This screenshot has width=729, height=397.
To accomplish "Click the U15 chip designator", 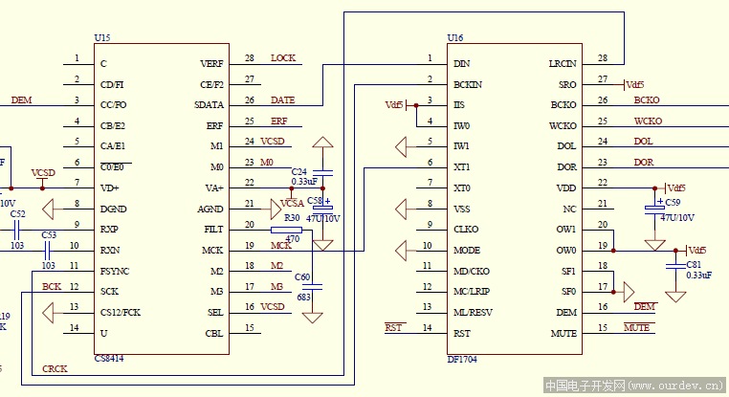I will click(x=102, y=37).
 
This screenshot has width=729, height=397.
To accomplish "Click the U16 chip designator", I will click(x=455, y=37).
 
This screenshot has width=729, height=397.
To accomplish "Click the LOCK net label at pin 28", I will click(x=283, y=58).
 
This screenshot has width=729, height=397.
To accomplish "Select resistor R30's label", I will click(x=292, y=218).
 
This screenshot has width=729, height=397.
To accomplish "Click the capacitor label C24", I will click(x=299, y=171).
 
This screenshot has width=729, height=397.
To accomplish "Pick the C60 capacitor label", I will click(x=302, y=276).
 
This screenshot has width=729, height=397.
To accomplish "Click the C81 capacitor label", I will click(x=694, y=264).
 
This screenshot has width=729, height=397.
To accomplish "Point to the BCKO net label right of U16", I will click(x=647, y=100).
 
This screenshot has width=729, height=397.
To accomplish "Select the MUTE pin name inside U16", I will click(x=563, y=334).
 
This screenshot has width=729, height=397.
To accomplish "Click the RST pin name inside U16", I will click(x=461, y=334).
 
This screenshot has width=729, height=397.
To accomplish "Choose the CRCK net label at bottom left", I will click(x=54, y=368).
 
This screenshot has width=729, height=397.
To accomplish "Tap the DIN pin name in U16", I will click(x=461, y=63).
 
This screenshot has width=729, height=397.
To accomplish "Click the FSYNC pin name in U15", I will click(x=115, y=271).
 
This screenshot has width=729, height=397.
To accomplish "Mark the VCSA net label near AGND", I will click(x=292, y=204).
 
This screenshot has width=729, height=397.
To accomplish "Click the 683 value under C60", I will click(x=303, y=298).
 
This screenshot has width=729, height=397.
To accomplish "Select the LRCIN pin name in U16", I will click(x=563, y=63).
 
